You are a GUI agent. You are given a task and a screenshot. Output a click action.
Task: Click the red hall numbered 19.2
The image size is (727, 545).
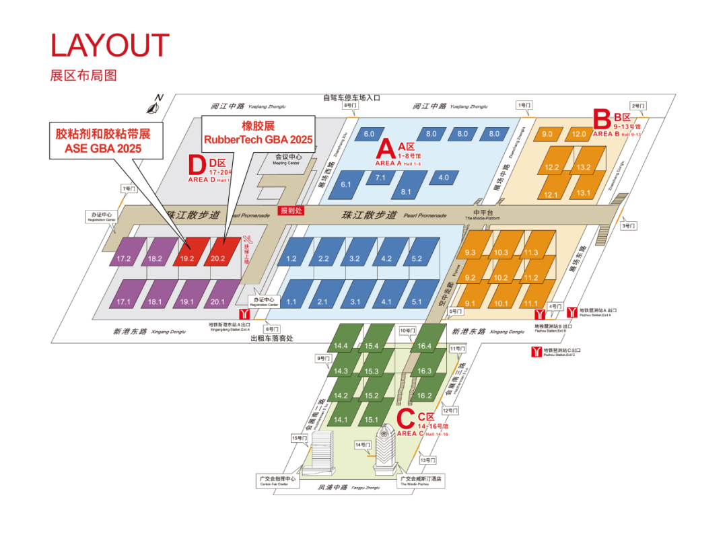(x=186, y=258)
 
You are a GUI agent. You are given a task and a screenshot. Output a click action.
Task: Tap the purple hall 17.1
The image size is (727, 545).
(x=123, y=301)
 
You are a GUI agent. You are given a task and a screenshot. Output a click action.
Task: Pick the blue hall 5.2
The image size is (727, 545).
(x=417, y=258)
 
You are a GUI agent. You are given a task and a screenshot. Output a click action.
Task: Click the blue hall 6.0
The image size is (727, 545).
(x=369, y=134)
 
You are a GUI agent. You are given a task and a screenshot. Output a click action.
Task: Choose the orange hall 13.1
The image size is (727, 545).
(x=582, y=194)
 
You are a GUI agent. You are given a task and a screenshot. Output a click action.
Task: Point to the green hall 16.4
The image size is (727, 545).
(x=425, y=346)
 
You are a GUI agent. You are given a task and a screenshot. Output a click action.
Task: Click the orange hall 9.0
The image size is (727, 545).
(x=547, y=134)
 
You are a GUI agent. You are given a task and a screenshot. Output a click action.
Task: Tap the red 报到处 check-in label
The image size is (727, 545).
(x=291, y=211)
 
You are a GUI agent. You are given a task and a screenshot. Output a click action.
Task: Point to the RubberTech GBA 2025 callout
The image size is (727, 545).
(x=258, y=133)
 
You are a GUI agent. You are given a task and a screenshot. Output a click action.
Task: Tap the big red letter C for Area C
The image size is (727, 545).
(x=406, y=420)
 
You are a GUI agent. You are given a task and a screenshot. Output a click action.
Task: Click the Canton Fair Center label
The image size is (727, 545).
(x=274, y=480)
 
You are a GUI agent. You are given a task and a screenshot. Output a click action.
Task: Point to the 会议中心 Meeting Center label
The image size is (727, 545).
(x=287, y=159)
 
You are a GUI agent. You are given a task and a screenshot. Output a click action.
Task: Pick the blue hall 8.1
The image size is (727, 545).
(x=406, y=191)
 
